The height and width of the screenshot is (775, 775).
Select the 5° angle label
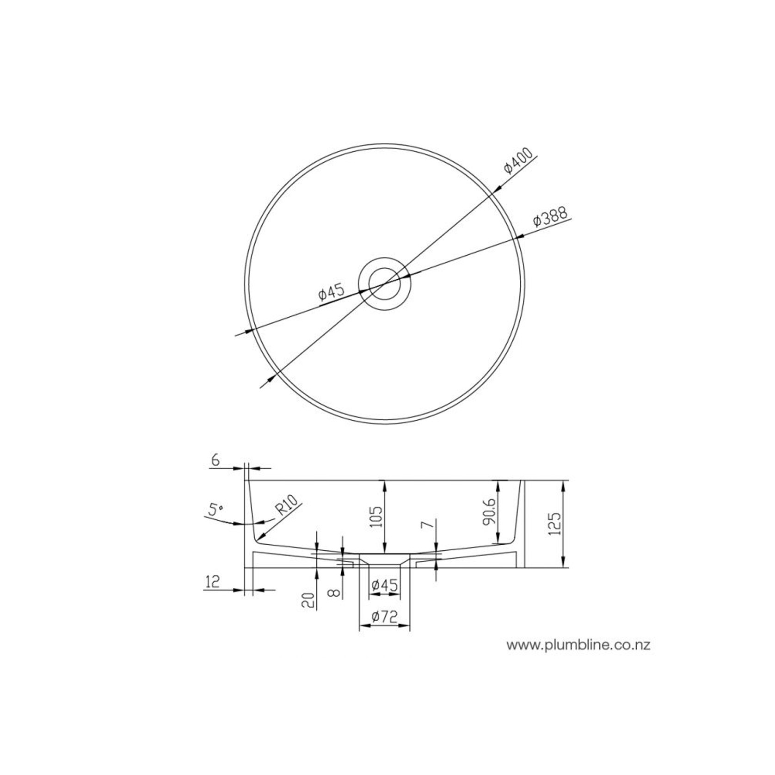[215, 510]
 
